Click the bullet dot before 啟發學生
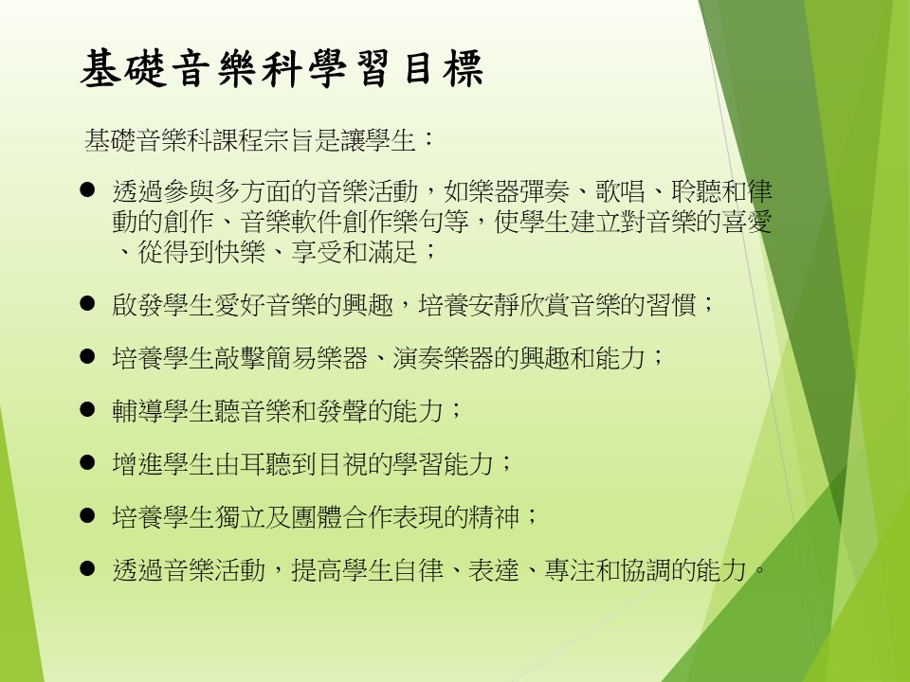coord(87,303)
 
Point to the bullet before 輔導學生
coord(87,410)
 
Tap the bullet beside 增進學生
coord(87,463)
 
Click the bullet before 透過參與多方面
coord(87,189)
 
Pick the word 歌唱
coord(620,191)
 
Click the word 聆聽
coord(697,191)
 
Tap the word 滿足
coord(392,252)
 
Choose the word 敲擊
coord(240,358)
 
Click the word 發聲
coord(342,411)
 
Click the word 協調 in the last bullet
coord(646,570)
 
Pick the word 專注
coord(570,570)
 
